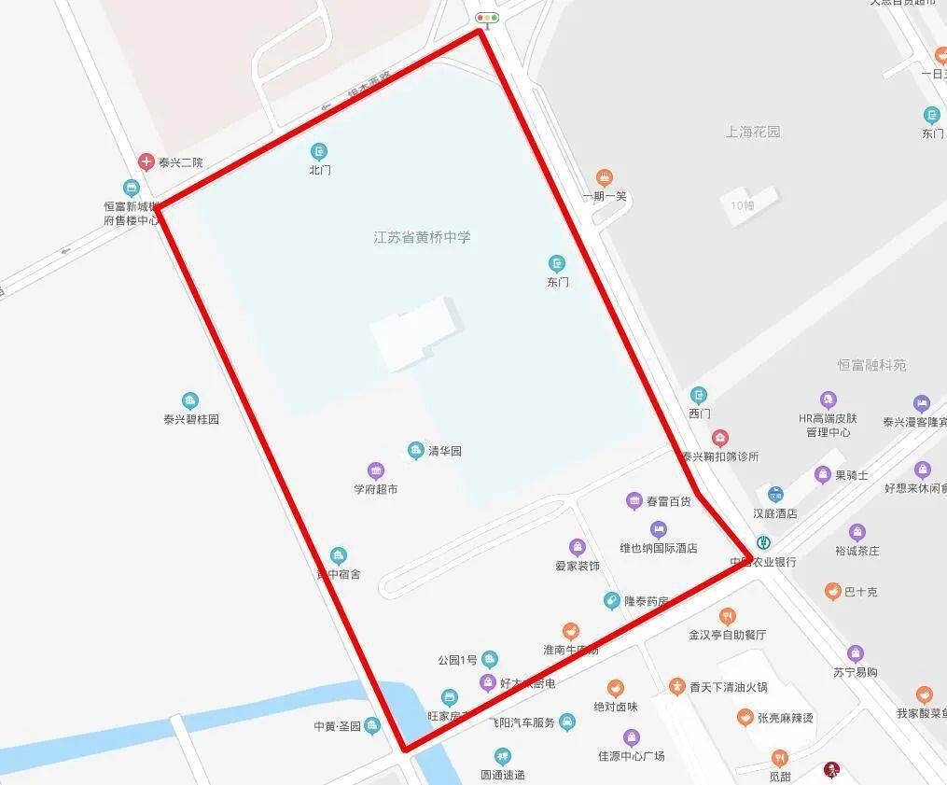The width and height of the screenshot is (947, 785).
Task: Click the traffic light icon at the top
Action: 487,18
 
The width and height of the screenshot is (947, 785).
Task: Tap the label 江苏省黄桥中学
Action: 422,237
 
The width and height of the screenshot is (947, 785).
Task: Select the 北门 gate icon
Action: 319,151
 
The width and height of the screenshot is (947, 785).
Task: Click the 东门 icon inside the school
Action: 557,263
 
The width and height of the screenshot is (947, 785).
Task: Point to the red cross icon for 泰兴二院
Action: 146,162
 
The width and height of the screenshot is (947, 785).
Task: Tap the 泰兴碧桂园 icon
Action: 190,401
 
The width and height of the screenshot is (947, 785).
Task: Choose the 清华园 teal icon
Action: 416,451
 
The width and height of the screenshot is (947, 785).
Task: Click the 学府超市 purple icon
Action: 375,471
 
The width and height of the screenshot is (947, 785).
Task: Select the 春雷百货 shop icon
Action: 634,501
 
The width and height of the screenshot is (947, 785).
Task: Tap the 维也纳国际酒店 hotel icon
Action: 659,529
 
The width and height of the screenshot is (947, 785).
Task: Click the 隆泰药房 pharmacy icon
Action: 611,601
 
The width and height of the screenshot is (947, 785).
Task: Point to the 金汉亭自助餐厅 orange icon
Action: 728,616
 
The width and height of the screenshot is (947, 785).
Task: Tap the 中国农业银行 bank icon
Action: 763,543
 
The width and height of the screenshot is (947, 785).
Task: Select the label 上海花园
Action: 753,132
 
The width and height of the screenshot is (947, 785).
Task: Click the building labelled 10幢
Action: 743,204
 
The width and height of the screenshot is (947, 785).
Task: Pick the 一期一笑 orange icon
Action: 605,177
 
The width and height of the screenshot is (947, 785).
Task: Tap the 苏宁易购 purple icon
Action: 856,653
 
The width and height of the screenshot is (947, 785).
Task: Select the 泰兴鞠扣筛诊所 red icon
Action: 720,438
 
